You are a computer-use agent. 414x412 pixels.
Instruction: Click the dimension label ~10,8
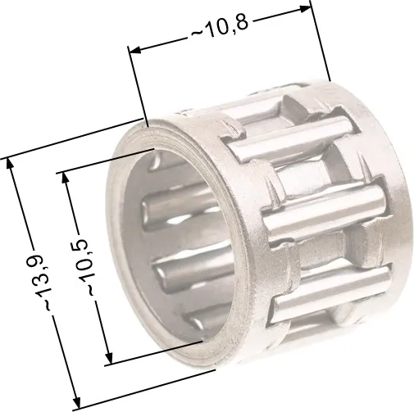coord(221,26)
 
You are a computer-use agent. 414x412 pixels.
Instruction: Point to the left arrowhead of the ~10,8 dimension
coord(134,50)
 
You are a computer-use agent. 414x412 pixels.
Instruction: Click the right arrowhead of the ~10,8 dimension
coord(306,9)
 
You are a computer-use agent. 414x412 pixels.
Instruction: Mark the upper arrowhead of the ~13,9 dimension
coord(10,165)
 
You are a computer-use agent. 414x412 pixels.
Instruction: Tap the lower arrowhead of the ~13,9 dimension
coord(76,403)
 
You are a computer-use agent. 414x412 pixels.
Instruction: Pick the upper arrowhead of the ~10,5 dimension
coord(66,179)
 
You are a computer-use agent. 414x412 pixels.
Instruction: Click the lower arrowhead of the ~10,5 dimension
coord(109,357)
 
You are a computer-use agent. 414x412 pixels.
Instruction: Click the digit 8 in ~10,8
coord(243,22)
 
